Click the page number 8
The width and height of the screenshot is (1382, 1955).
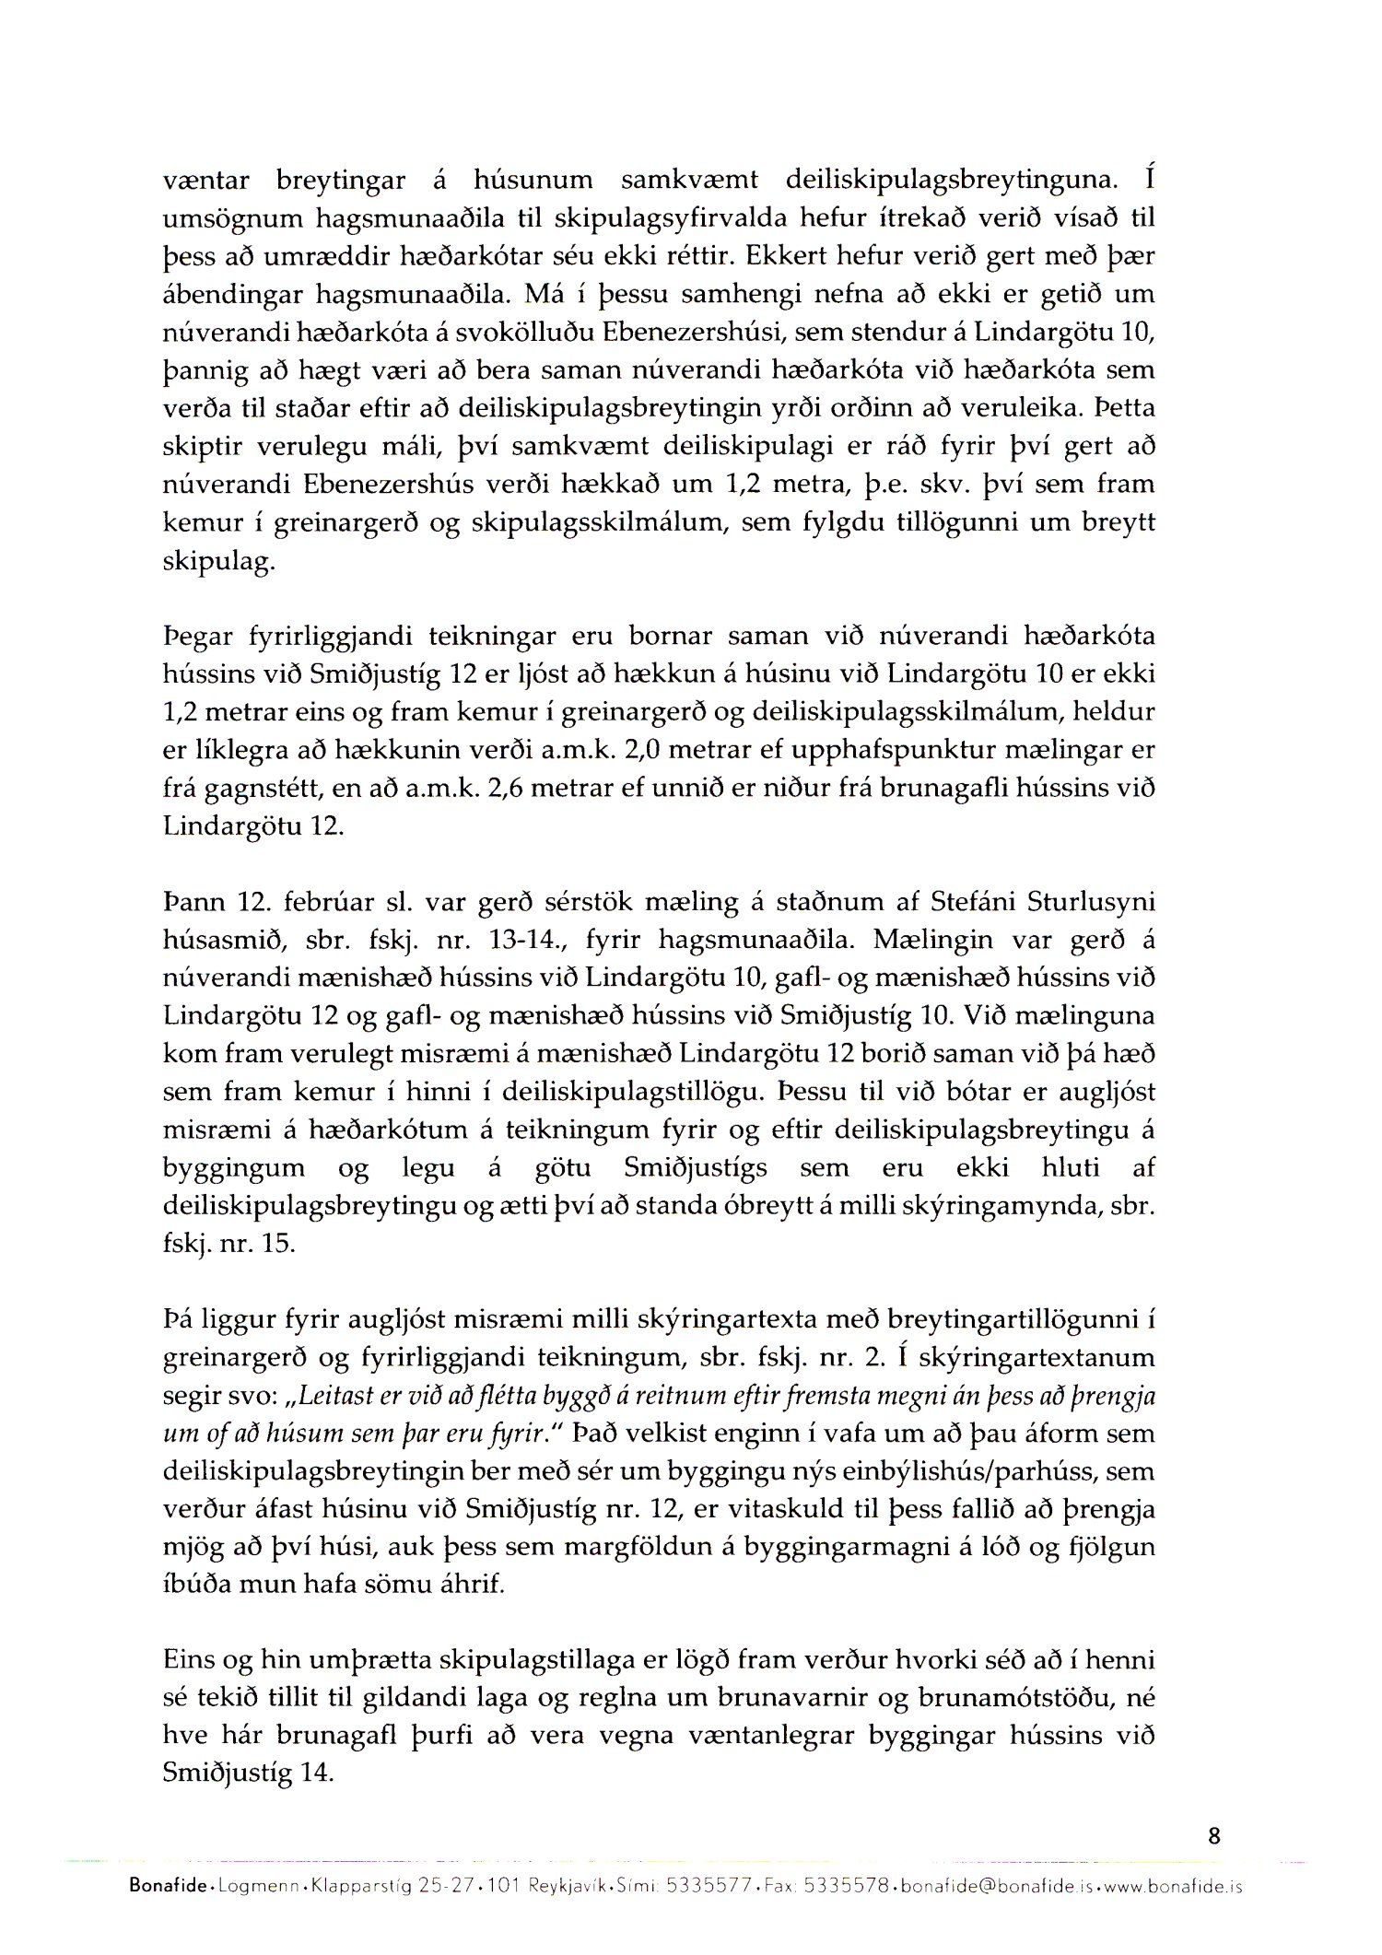(x=1213, y=1836)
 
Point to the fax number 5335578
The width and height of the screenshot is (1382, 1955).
(x=847, y=1887)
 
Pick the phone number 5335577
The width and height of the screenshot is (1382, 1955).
(x=706, y=1887)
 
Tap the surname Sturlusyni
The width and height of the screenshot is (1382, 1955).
(x=1090, y=902)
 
